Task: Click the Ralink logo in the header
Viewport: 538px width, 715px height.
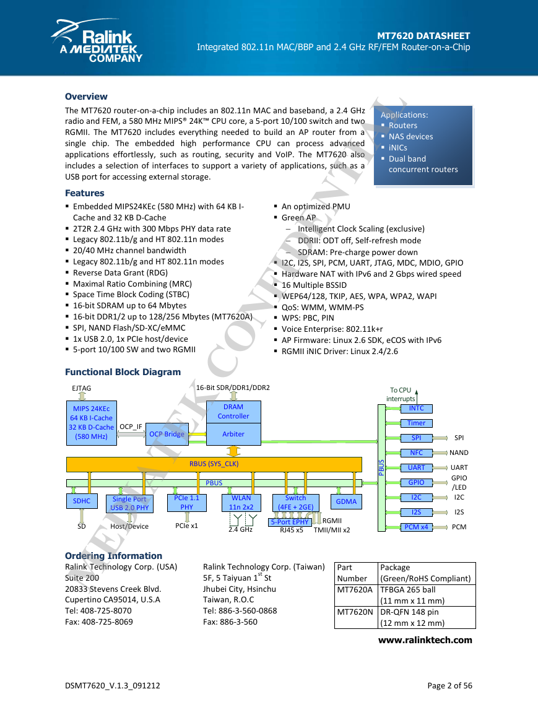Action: [97, 41]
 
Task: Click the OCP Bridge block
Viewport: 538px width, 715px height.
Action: [167, 434]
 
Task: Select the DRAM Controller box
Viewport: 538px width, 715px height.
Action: [233, 412]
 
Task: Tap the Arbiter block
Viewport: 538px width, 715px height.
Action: [233, 434]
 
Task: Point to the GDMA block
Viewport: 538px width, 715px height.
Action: [347, 501]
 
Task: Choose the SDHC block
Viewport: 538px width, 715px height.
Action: [82, 501]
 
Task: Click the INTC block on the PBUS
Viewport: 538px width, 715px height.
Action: [416, 409]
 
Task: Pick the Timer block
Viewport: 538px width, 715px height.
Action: [416, 423]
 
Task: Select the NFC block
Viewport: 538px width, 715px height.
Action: [416, 453]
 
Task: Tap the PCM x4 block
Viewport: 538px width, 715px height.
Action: [416, 527]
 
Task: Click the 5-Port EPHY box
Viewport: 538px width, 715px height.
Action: [290, 522]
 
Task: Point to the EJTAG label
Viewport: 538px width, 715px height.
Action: [82, 388]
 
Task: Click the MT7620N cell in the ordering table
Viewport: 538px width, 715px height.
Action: [355, 612]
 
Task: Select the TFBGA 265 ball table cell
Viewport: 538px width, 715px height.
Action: [407, 589]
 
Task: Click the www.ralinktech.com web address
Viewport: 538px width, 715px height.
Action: [425, 640]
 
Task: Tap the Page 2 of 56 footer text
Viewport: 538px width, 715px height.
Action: [449, 686]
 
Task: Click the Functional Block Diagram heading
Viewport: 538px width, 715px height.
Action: [123, 372]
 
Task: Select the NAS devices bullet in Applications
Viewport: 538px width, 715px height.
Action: [411, 136]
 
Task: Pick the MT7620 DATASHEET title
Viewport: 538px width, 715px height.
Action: [423, 35]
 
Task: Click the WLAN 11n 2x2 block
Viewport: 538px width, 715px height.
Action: [241, 503]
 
